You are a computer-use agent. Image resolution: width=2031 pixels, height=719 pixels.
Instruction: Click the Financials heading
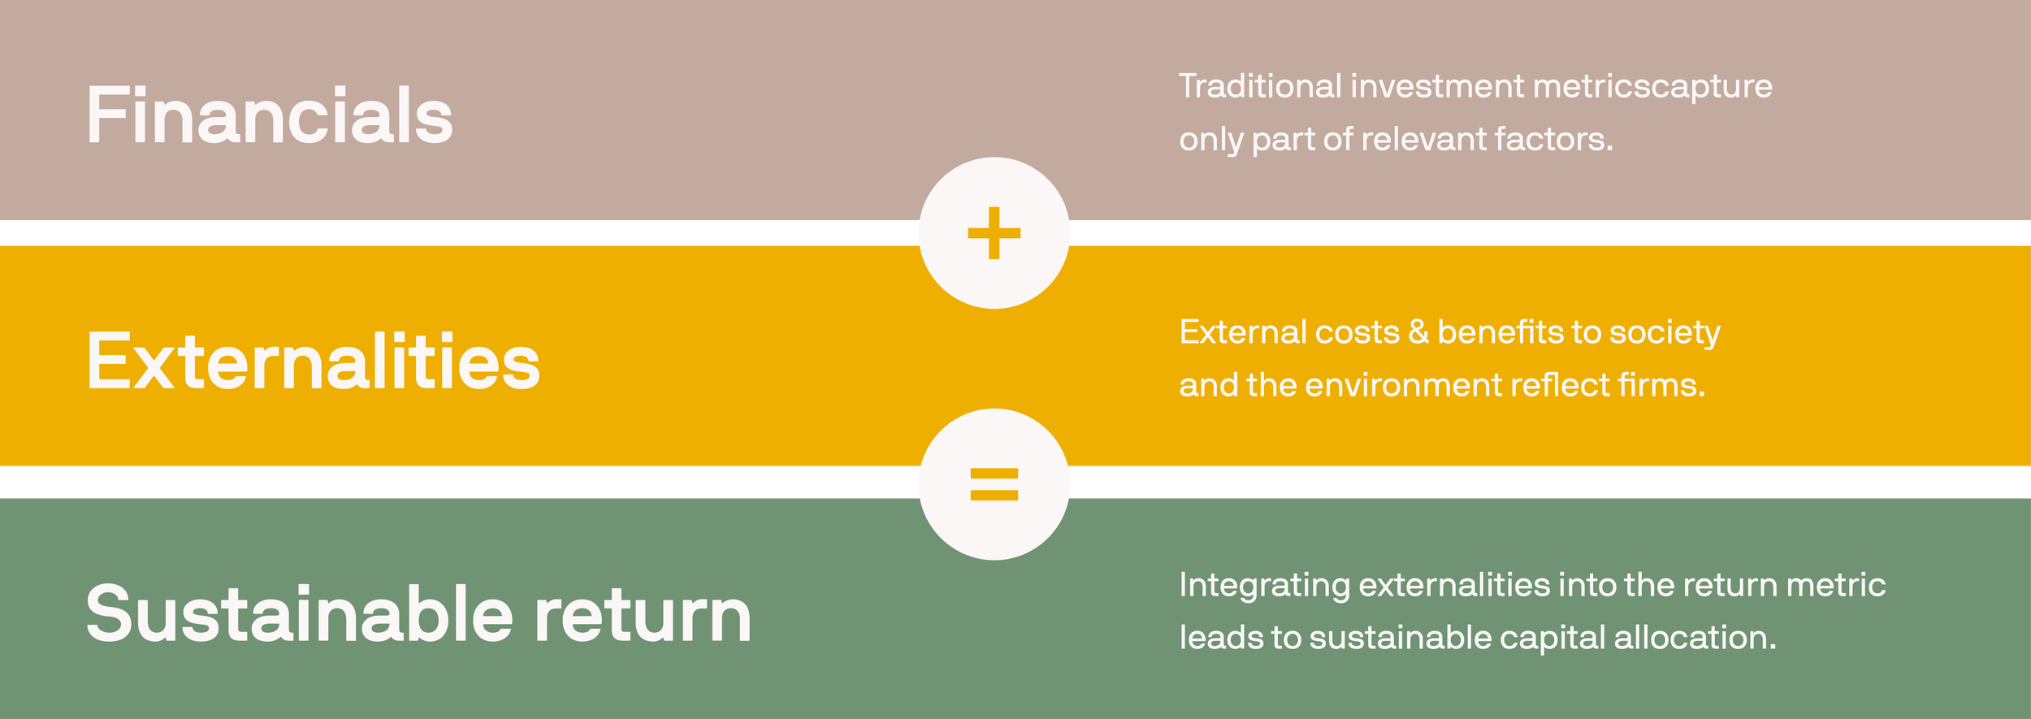pyautogui.click(x=269, y=116)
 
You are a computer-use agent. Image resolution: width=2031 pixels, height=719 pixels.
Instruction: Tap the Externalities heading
pyautogui.click(x=313, y=362)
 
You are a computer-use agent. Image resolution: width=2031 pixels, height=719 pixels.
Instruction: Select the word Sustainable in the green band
pyautogui.click(x=299, y=614)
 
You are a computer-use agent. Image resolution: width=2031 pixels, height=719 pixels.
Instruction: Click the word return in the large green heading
pyautogui.click(x=643, y=614)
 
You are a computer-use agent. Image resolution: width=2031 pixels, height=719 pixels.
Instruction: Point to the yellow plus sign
pyautogui.click(x=994, y=233)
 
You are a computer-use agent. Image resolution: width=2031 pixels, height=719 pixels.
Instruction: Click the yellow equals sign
pyautogui.click(x=994, y=484)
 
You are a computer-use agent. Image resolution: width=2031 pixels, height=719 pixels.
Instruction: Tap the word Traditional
pyautogui.click(x=1259, y=86)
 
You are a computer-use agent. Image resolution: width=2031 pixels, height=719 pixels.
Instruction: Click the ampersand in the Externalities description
pyautogui.click(x=1418, y=331)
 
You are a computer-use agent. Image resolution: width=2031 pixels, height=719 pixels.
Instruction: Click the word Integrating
pyautogui.click(x=1264, y=586)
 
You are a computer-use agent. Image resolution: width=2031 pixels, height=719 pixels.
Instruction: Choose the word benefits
pyautogui.click(x=1500, y=331)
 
